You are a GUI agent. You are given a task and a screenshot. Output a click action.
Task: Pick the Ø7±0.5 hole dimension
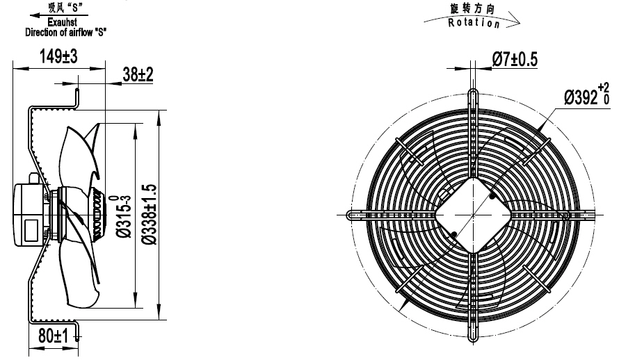point(514,60)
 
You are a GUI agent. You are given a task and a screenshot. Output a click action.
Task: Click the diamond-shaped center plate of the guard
point(473,213)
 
